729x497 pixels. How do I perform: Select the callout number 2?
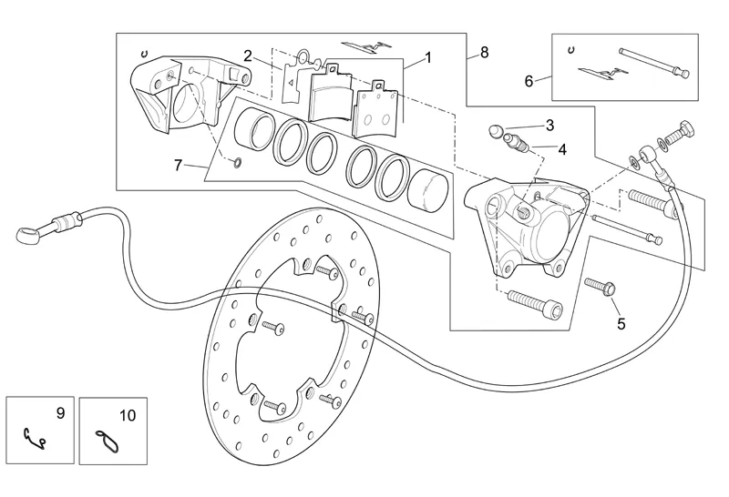pyautogui.click(x=248, y=55)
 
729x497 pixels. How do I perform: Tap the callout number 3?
pyautogui.click(x=549, y=125)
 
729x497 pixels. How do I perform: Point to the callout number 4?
pyautogui.click(x=562, y=148)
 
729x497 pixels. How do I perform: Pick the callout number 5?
pyautogui.click(x=621, y=322)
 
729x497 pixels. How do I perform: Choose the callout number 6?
pyautogui.click(x=529, y=81)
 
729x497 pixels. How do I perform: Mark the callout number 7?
pyautogui.click(x=180, y=165)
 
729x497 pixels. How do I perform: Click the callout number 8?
pyautogui.click(x=484, y=52)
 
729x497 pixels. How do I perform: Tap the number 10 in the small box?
pyautogui.click(x=128, y=415)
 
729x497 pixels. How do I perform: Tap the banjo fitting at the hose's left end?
pyautogui.click(x=28, y=234)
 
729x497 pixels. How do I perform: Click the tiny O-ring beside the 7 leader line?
pyautogui.click(x=236, y=163)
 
